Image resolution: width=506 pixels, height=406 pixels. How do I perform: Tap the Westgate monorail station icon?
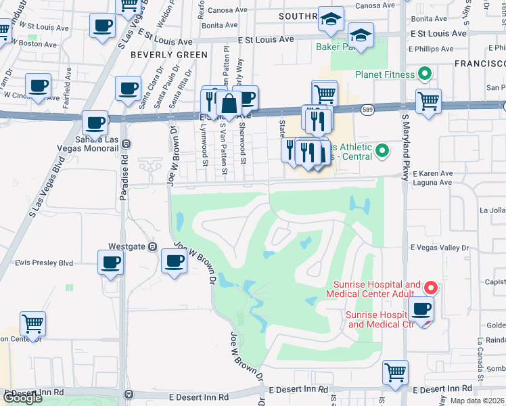153,247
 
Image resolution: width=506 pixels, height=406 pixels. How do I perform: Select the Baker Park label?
336,47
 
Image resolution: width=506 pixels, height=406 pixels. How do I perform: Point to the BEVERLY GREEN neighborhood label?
160,54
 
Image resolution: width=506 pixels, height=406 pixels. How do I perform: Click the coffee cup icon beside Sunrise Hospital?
421,309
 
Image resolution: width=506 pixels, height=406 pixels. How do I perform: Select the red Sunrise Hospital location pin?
428,288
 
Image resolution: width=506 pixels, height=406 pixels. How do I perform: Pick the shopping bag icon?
229,104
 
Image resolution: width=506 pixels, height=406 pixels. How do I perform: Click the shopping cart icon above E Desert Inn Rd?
395,371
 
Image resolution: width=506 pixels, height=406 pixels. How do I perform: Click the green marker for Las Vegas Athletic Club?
382,150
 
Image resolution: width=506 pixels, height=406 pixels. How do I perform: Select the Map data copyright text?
476,401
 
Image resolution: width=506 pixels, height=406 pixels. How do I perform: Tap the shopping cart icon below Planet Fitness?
428,101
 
